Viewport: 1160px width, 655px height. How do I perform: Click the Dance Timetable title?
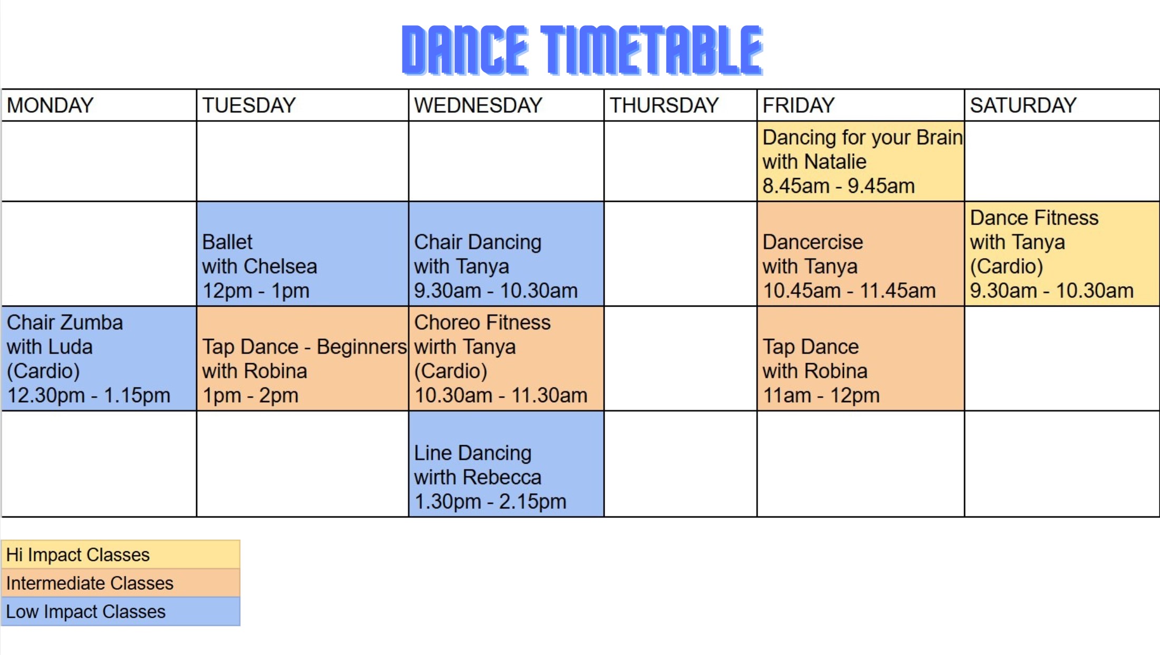(x=582, y=50)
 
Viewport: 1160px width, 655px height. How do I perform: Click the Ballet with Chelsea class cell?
(x=303, y=253)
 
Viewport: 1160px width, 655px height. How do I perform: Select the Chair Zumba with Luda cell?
(x=99, y=358)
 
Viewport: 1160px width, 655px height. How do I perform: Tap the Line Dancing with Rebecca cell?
(x=506, y=464)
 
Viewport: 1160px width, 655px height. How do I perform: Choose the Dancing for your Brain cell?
(x=861, y=161)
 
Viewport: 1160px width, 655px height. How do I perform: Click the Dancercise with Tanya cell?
(x=861, y=253)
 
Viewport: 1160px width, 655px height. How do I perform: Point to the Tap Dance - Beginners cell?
(x=303, y=358)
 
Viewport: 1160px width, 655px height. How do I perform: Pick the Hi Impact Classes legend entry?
(x=121, y=554)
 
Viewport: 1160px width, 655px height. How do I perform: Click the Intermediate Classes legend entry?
(x=121, y=583)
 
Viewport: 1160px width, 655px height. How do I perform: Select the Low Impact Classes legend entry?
(x=121, y=611)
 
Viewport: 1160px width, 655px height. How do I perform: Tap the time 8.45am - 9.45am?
(x=839, y=186)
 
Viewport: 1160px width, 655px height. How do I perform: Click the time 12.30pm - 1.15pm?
(x=89, y=395)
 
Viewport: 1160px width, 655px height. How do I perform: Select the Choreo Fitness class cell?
(x=506, y=358)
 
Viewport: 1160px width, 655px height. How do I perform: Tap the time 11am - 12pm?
(x=821, y=395)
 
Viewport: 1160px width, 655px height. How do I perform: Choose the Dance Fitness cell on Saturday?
(x=1062, y=253)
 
